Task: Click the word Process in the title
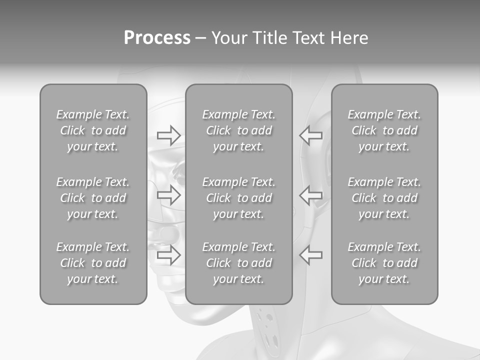157,38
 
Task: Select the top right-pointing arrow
168,135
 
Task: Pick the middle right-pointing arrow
168,195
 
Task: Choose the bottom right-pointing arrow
168,255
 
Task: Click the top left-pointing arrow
311,135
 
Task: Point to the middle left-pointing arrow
311,195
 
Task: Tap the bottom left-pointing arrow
311,255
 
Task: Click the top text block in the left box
93,130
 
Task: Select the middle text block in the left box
93,198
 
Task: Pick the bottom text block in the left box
93,263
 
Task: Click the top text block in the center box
238,130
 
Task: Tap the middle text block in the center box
238,198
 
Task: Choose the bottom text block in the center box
238,263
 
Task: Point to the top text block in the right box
384,130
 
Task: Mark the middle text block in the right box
384,198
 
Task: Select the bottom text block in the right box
384,263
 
